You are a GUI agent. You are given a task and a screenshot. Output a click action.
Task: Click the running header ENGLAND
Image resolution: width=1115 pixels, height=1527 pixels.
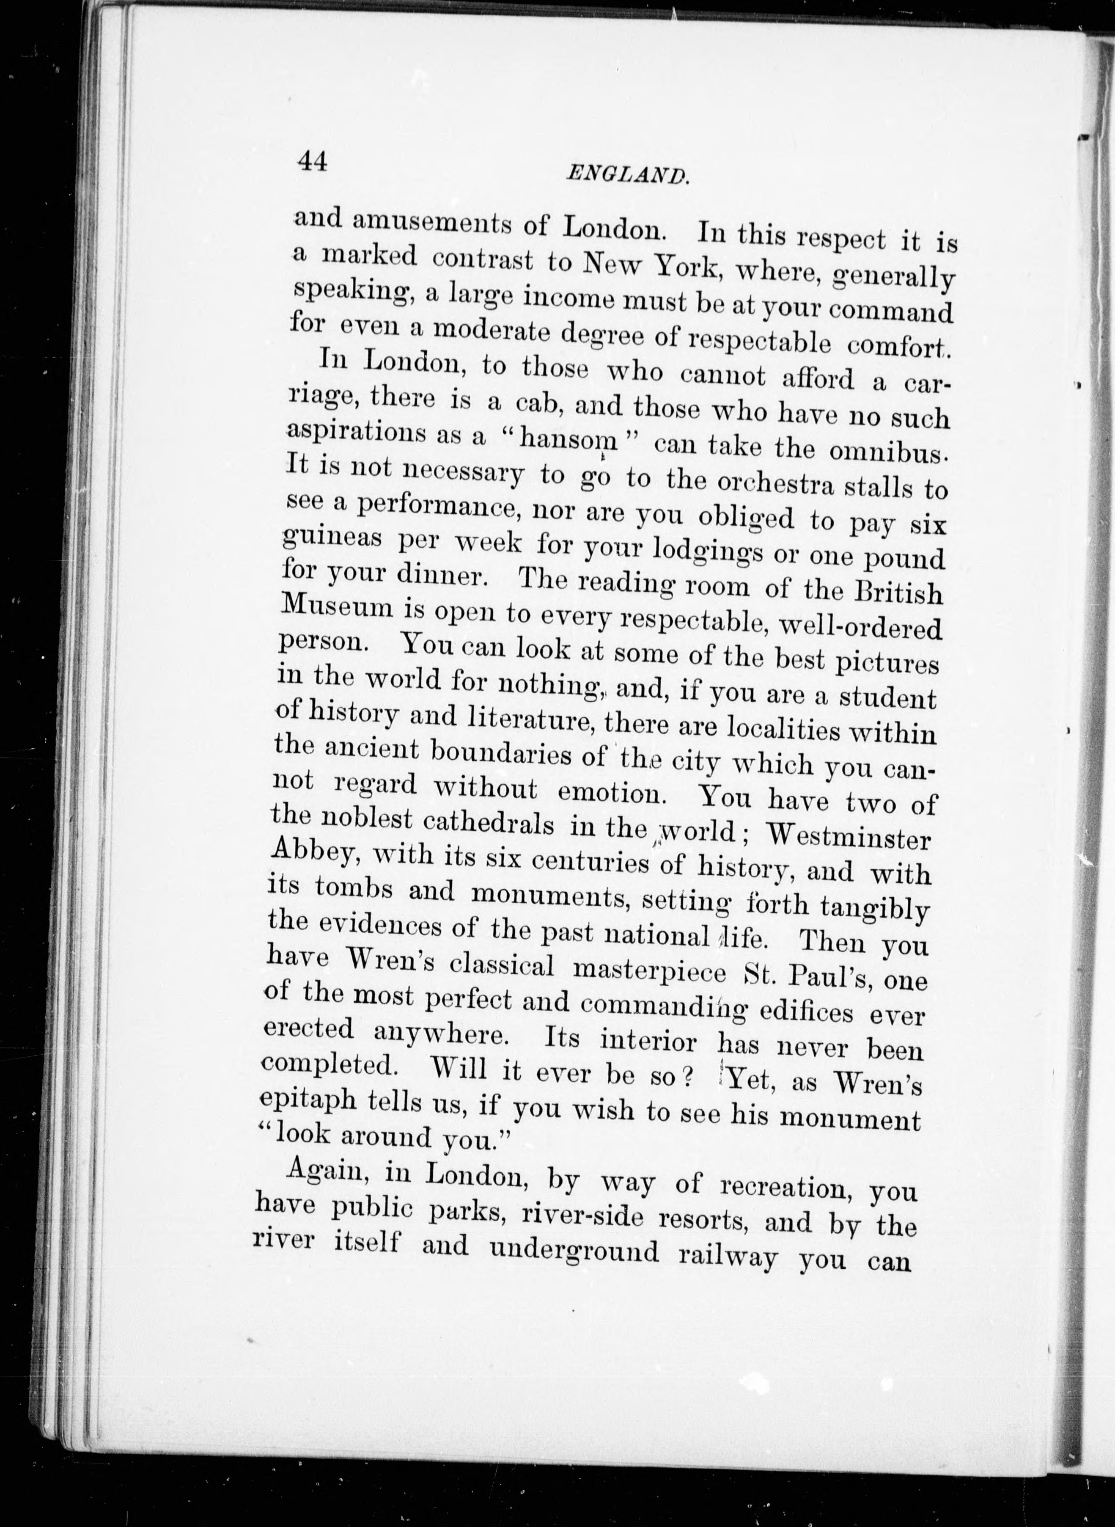point(628,175)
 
